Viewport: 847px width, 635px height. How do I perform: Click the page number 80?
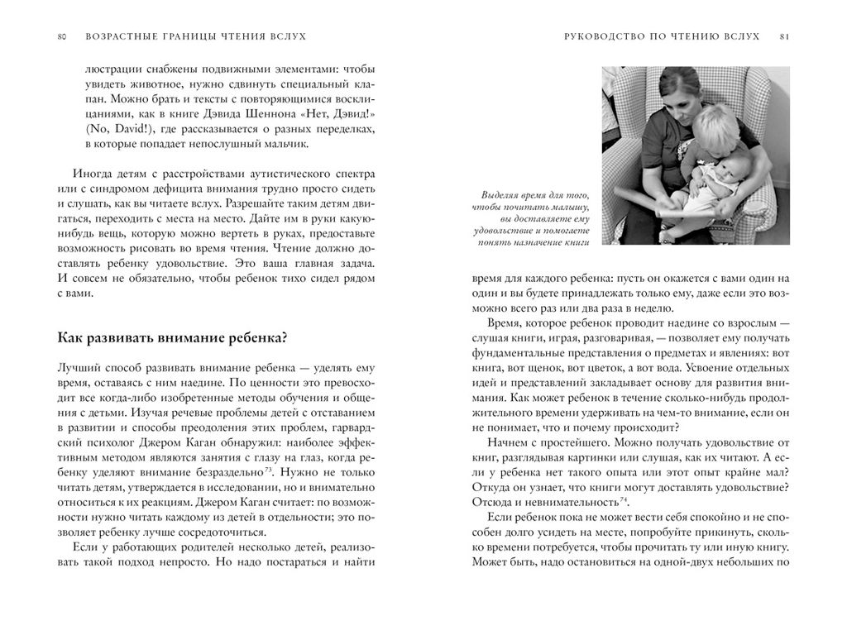tap(62, 36)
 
